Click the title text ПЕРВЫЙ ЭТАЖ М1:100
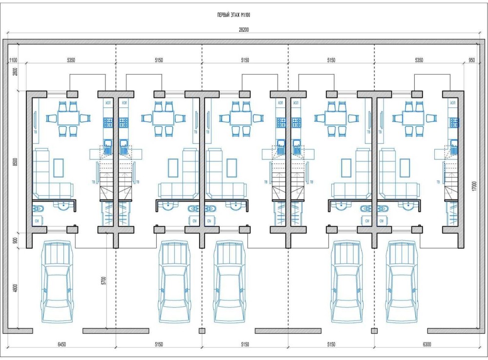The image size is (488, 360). pos(234,16)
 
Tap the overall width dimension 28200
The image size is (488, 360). pos(244,30)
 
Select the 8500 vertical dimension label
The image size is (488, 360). pos(15,160)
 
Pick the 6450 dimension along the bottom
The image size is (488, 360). pos(61,344)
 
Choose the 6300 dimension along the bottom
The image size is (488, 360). pos(427,344)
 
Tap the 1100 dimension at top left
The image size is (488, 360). pos(13,60)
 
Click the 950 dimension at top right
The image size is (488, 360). pos(471,60)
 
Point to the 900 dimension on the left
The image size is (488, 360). pos(15,240)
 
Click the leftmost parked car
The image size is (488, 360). pos(58,282)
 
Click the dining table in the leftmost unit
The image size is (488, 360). pos(68,118)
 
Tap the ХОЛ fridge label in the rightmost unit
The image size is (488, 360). pos(453,103)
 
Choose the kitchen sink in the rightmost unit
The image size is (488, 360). pos(454,143)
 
